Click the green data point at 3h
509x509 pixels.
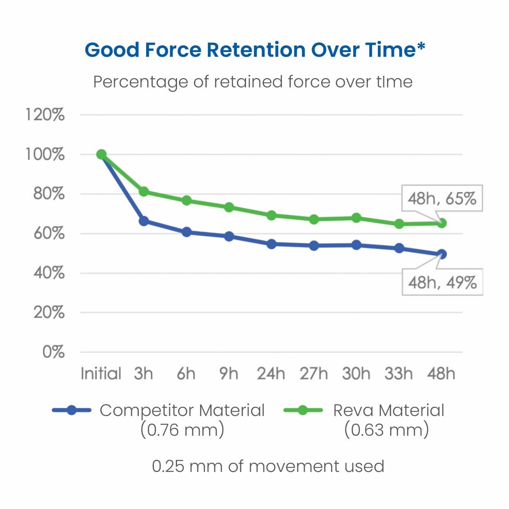pyautogui.click(x=144, y=191)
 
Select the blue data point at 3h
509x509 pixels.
pyautogui.click(x=144, y=221)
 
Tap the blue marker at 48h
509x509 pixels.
pyautogui.click(x=442, y=254)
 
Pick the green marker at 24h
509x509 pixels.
pyautogui.click(x=271, y=215)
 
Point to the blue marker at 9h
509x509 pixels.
pyautogui.click(x=229, y=236)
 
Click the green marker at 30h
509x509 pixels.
pyautogui.click(x=357, y=218)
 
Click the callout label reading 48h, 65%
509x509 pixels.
pyautogui.click(x=442, y=198)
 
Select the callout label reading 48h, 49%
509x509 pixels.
pyautogui.click(x=442, y=282)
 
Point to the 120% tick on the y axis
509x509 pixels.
pyautogui.click(x=45, y=115)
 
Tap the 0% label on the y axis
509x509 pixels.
pyautogui.click(x=53, y=352)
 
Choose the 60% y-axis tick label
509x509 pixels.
pyautogui.click(x=49, y=233)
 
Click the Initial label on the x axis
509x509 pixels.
pyautogui.click(x=101, y=373)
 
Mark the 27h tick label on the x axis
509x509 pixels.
pyautogui.click(x=314, y=373)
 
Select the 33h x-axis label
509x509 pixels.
pyautogui.click(x=399, y=373)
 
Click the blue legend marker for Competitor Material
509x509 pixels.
pyautogui.click(x=71, y=410)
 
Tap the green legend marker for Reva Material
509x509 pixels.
pyautogui.click(x=303, y=410)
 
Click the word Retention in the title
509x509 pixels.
pyautogui.click(x=256, y=50)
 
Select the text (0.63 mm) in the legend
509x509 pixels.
pyautogui.click(x=386, y=430)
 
